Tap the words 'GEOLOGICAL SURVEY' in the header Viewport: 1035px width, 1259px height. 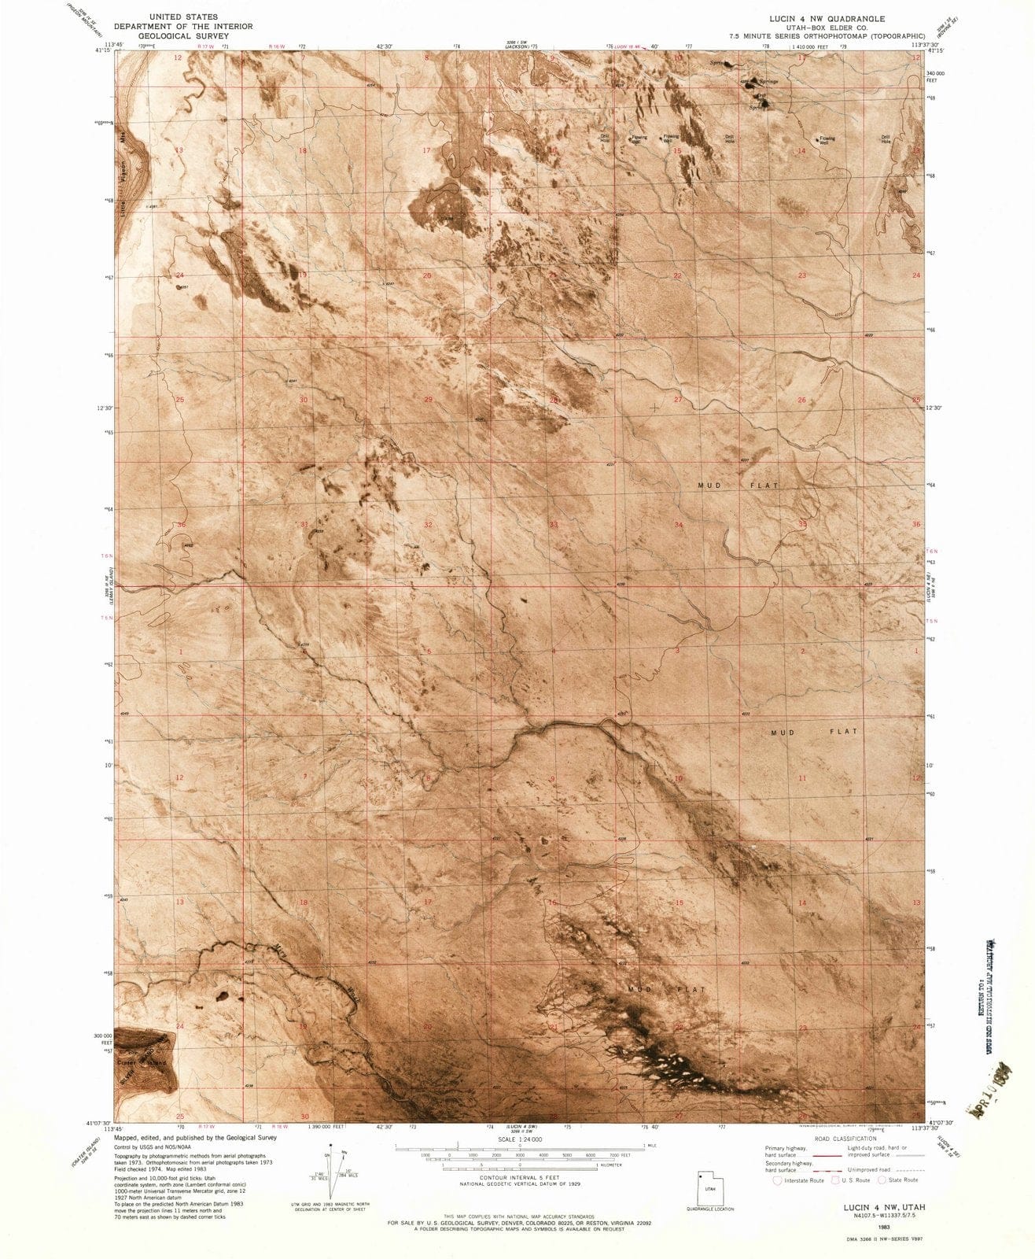click(183, 36)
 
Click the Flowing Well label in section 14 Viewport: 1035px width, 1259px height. click(826, 140)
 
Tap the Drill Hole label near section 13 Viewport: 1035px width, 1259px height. click(886, 140)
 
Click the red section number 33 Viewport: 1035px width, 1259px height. click(554, 524)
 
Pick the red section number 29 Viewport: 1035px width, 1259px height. click(429, 400)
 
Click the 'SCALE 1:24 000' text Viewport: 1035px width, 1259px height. click(519, 1139)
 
